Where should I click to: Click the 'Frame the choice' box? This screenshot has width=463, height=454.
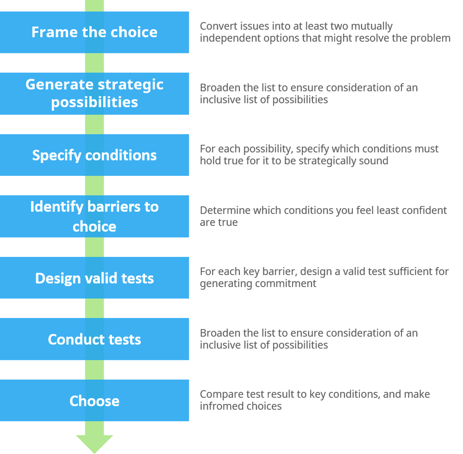pyautogui.click(x=94, y=32)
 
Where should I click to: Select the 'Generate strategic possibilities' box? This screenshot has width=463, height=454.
pyautogui.click(x=94, y=93)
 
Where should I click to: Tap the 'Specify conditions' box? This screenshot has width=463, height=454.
pyautogui.click(x=94, y=155)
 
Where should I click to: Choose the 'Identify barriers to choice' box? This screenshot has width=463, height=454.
pyautogui.click(x=94, y=216)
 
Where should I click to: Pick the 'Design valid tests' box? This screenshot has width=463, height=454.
pyautogui.click(x=94, y=278)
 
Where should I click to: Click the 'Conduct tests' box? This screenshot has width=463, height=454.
pyautogui.click(x=94, y=339)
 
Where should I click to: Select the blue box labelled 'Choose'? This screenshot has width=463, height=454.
pyautogui.click(x=94, y=401)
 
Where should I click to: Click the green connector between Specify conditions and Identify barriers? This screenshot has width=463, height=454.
pyautogui.click(x=94, y=185)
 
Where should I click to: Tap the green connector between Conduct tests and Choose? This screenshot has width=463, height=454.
pyautogui.click(x=94, y=370)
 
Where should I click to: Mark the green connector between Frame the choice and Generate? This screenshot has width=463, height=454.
pyautogui.click(x=94, y=63)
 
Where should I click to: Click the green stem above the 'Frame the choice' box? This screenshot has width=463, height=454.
pyautogui.click(x=94, y=5)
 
